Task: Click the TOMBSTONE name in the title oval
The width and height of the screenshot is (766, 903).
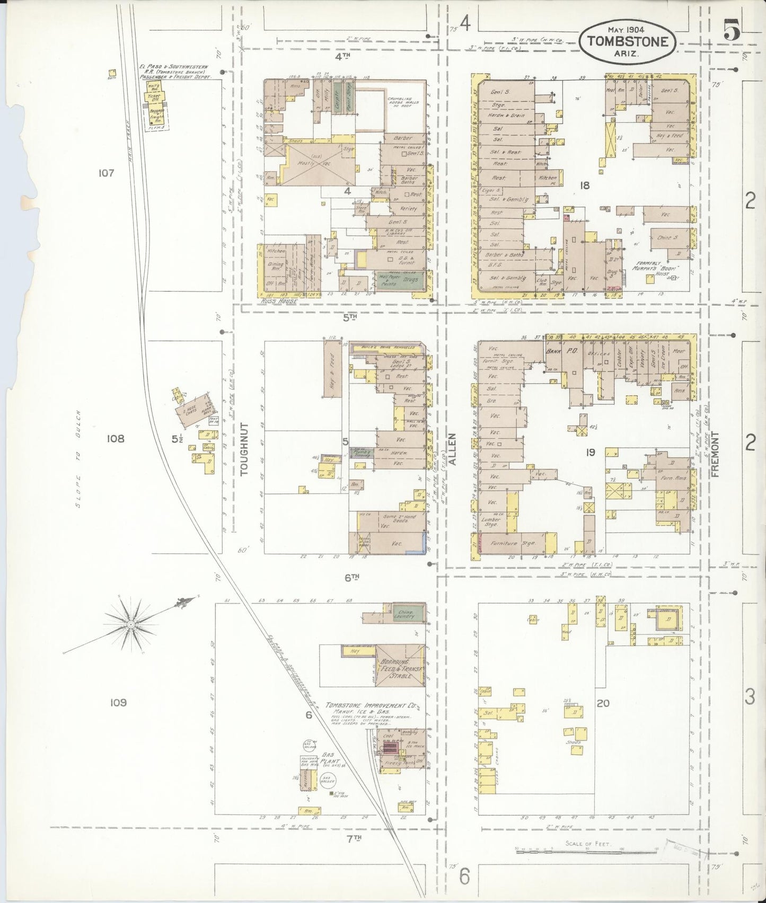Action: (627, 41)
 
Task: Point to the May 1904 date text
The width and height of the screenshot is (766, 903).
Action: (626, 30)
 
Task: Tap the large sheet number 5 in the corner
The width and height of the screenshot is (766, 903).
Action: (732, 30)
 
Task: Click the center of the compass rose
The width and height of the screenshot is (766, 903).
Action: (130, 625)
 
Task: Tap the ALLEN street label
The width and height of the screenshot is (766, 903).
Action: (452, 449)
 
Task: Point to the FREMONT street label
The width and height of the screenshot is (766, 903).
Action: (714, 454)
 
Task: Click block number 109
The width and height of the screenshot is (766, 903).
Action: (118, 702)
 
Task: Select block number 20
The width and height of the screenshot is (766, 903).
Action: (603, 703)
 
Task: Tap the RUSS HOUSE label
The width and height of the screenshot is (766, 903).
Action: (279, 301)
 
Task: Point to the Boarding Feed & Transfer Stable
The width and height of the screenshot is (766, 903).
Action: (401, 669)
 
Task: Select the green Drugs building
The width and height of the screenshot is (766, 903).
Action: (410, 280)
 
